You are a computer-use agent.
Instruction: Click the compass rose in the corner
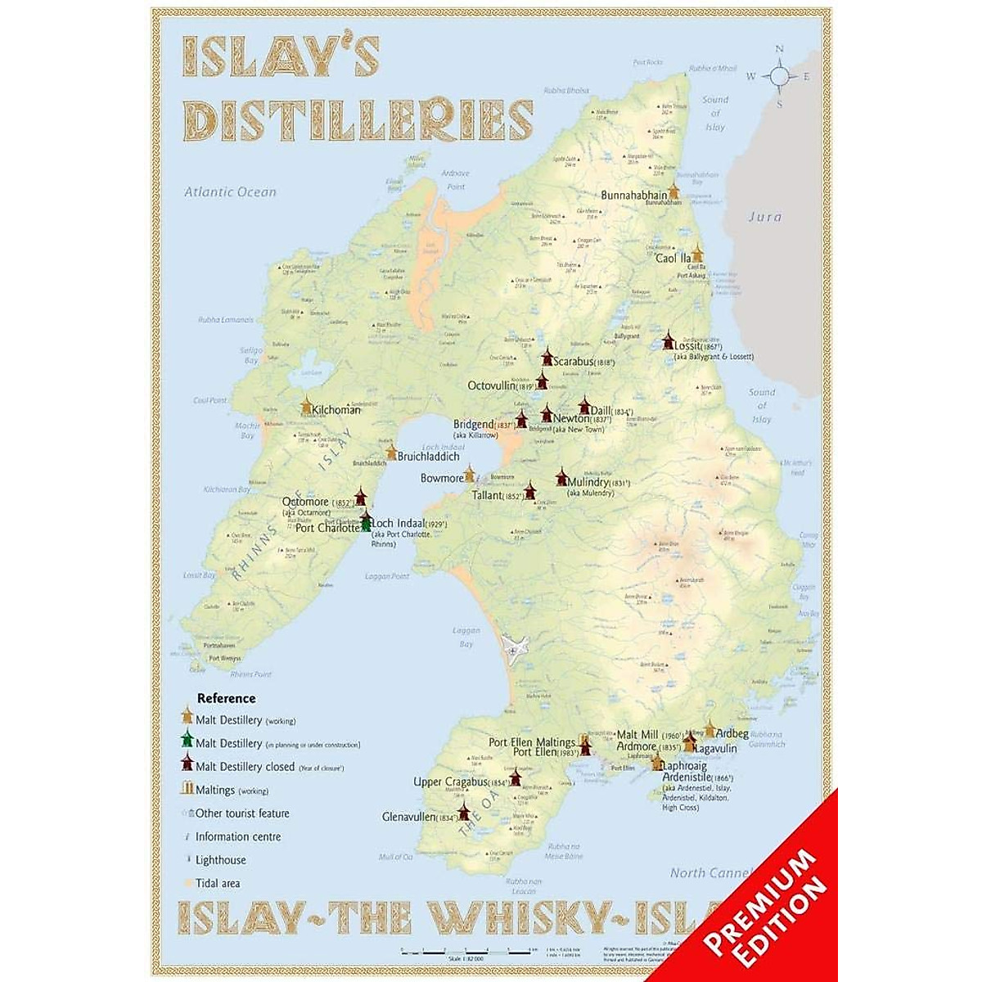pyautogui.click(x=780, y=77)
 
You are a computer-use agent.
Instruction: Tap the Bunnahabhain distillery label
pyautogui.click(x=634, y=196)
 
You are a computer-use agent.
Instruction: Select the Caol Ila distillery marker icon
pyautogui.click(x=697, y=252)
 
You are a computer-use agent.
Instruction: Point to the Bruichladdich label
pyautogui.click(x=428, y=457)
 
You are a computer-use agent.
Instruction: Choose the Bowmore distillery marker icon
pyautogui.click(x=470, y=474)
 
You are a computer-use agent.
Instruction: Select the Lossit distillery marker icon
pyautogui.click(x=668, y=340)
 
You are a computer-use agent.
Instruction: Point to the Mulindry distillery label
pyautogui.click(x=600, y=483)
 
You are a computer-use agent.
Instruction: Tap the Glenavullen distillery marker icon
pyautogui.click(x=464, y=813)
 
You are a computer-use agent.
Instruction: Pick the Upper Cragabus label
pyautogui.click(x=451, y=782)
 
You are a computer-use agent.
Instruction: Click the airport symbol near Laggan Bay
pyautogui.click(x=513, y=651)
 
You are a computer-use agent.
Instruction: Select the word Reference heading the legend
pyautogui.click(x=227, y=698)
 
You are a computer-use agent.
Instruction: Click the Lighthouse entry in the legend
pyautogui.click(x=220, y=860)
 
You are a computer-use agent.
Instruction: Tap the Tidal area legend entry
pyautogui.click(x=218, y=883)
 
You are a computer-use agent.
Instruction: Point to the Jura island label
pyautogui.click(x=765, y=217)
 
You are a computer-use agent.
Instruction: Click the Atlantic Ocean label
pyautogui.click(x=230, y=192)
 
